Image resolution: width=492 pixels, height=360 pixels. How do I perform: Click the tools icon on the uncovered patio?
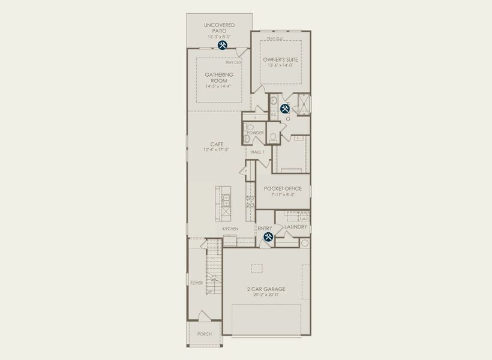point(222,45)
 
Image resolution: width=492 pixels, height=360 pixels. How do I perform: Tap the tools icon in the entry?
point(268,238)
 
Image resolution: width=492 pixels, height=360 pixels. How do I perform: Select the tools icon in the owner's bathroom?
point(285,109)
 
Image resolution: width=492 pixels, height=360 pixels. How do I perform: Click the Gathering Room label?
point(218,77)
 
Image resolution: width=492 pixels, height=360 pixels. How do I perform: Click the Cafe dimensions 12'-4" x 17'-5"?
point(217,150)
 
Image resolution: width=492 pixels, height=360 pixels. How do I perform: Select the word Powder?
point(255,133)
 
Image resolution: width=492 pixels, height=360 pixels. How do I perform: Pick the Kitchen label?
point(230,229)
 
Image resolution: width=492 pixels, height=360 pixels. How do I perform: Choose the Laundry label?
point(296,227)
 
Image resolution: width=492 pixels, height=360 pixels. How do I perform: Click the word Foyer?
point(197,283)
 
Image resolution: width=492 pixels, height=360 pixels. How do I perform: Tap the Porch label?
point(204,334)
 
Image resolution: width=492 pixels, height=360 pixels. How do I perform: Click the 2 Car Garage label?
point(266,289)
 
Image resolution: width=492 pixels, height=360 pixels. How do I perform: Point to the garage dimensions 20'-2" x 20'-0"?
point(266,295)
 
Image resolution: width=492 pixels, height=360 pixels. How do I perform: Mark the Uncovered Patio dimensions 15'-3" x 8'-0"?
point(218,37)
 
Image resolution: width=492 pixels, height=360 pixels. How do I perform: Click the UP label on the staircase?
point(209,292)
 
